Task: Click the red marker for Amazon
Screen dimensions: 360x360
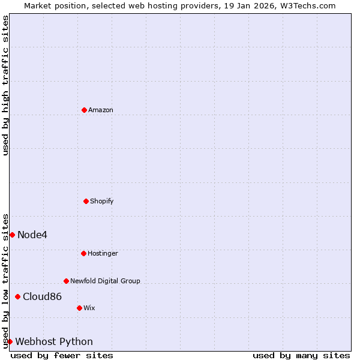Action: (84, 110)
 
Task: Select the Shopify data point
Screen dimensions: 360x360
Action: (86, 201)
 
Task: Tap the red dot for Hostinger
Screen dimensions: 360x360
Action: (83, 253)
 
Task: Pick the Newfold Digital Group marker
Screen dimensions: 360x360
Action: (66, 281)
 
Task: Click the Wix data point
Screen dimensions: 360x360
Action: (79, 308)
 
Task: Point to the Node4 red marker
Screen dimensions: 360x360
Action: (12, 235)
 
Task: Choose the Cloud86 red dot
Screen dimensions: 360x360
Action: (17, 296)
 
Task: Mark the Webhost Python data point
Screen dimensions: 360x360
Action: (10, 341)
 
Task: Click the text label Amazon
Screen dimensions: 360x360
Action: (101, 110)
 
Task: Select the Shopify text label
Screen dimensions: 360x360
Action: (102, 201)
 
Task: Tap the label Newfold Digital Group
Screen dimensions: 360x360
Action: (105, 281)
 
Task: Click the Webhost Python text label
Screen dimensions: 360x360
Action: (54, 341)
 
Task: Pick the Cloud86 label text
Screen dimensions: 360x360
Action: (42, 296)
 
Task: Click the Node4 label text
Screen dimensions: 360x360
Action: (32, 235)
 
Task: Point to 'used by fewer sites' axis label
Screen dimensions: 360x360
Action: (62, 355)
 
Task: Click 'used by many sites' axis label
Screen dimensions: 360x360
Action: (301, 355)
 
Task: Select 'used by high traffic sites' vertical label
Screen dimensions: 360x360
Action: (5, 85)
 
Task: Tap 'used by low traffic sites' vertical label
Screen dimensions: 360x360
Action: (5, 281)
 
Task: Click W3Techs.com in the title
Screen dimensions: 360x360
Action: (307, 5)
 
